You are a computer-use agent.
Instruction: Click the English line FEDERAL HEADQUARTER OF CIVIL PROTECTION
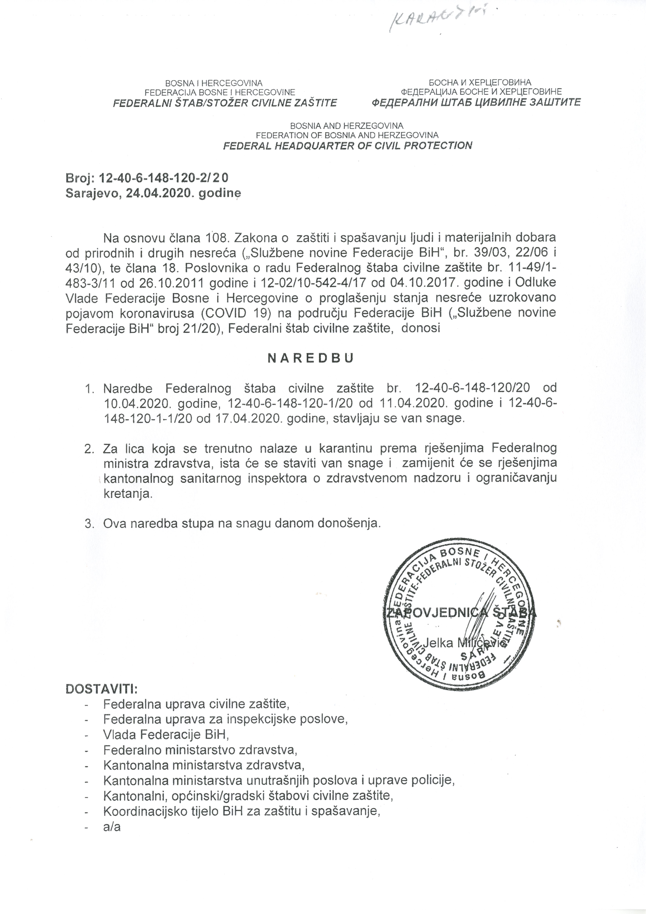[347, 145]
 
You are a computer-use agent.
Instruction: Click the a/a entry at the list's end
[112, 816]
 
